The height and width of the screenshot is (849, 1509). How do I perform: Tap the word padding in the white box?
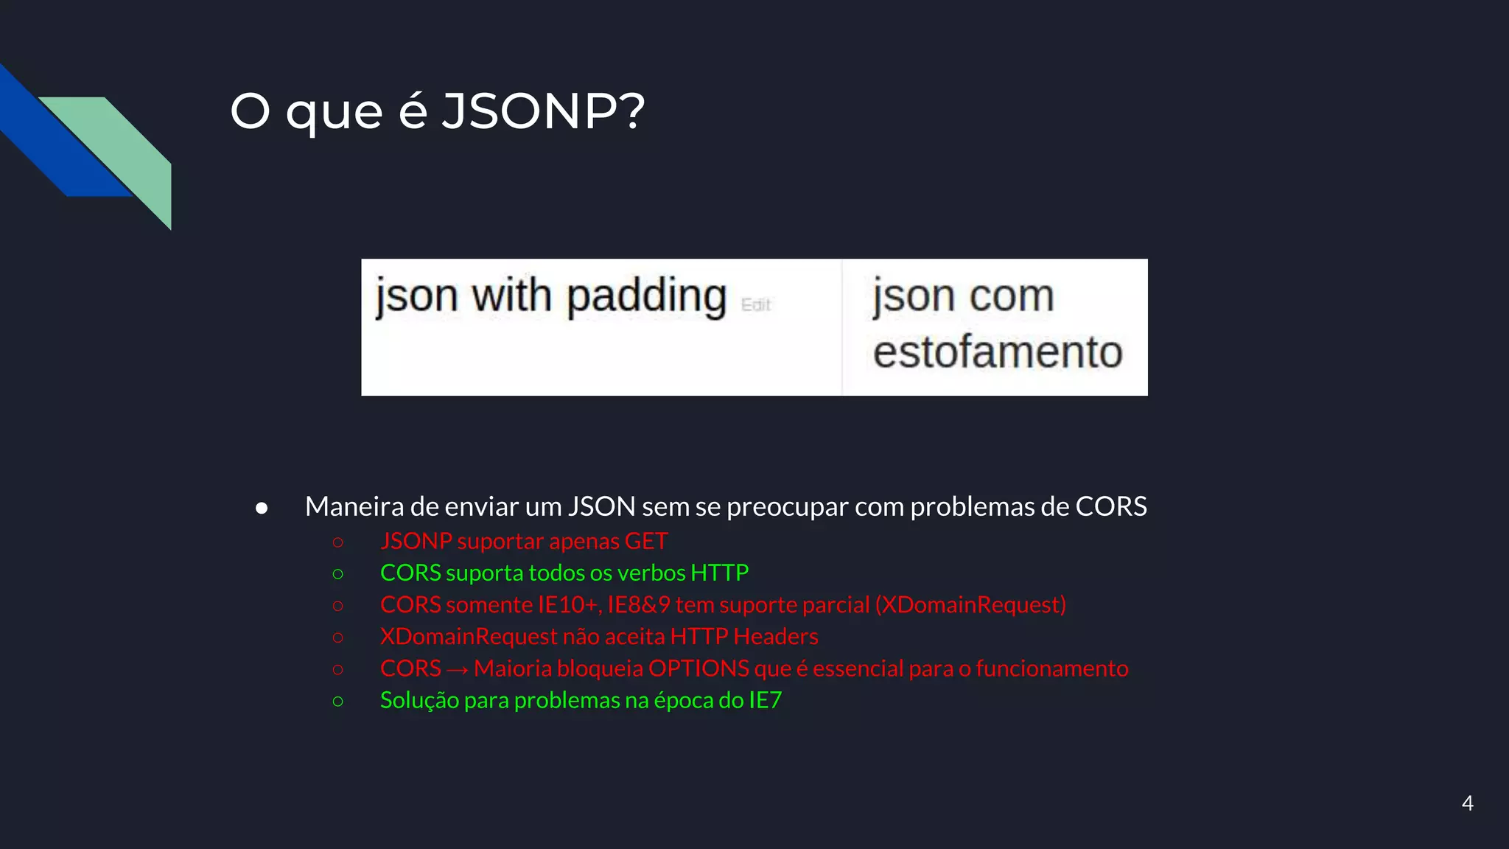click(x=646, y=296)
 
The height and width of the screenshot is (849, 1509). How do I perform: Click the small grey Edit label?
click(x=755, y=305)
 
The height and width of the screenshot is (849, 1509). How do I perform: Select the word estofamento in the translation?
click(x=998, y=352)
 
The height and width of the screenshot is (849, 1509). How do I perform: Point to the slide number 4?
click(x=1467, y=803)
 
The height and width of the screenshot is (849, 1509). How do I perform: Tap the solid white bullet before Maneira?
click(x=262, y=508)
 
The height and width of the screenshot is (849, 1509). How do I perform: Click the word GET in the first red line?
click(x=646, y=541)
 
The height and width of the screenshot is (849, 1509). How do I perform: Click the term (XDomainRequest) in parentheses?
click(x=970, y=604)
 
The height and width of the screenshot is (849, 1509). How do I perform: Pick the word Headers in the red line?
click(x=776, y=636)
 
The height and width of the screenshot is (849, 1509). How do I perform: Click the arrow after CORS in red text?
click(x=457, y=669)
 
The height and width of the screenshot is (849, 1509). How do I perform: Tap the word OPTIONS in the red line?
click(x=699, y=668)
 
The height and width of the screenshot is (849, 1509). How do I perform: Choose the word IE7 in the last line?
click(x=765, y=699)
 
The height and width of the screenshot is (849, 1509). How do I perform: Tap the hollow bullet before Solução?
click(x=338, y=701)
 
